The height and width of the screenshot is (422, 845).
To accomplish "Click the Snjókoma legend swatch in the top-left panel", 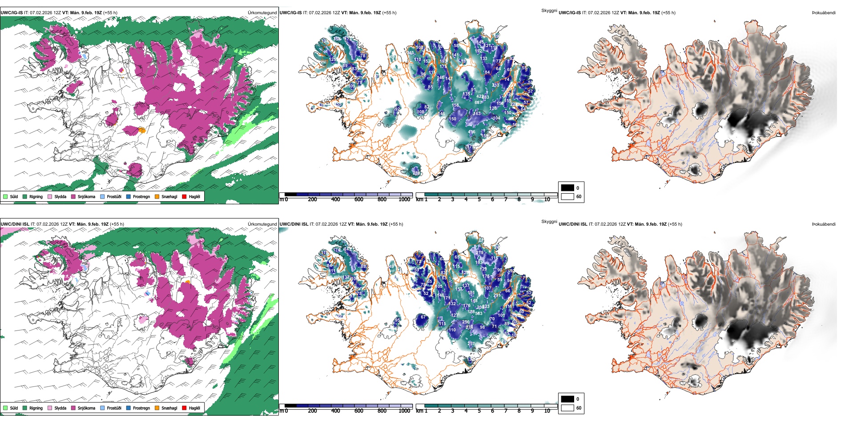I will tap(73, 196).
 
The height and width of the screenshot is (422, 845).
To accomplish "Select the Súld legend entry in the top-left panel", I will tap(5, 196).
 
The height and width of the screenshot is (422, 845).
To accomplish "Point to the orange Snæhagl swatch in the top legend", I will tap(157, 196).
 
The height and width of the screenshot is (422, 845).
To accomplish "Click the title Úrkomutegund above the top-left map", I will tap(262, 12).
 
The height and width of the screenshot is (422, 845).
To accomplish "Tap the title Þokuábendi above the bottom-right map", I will tap(824, 224).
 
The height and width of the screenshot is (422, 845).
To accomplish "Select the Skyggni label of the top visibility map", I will tap(549, 10).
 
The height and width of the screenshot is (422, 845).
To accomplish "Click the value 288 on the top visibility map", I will tap(416, 173).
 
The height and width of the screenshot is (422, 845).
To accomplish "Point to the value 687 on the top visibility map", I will tap(478, 102).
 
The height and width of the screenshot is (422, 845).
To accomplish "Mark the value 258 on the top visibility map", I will tap(337, 39).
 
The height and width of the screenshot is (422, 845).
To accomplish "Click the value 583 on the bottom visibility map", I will tap(479, 314).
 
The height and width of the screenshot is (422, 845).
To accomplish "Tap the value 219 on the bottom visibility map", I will tap(479, 252).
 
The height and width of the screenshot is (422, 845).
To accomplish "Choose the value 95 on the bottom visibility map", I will tap(397, 320).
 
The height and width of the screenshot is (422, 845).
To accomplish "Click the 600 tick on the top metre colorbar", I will tap(358, 199).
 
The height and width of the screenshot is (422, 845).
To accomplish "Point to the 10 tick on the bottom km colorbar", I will tap(547, 411).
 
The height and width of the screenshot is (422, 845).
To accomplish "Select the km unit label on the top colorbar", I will tap(419, 199).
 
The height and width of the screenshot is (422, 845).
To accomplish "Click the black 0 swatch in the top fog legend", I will tap(567, 187).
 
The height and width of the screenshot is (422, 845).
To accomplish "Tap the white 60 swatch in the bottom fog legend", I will tap(567, 408).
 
